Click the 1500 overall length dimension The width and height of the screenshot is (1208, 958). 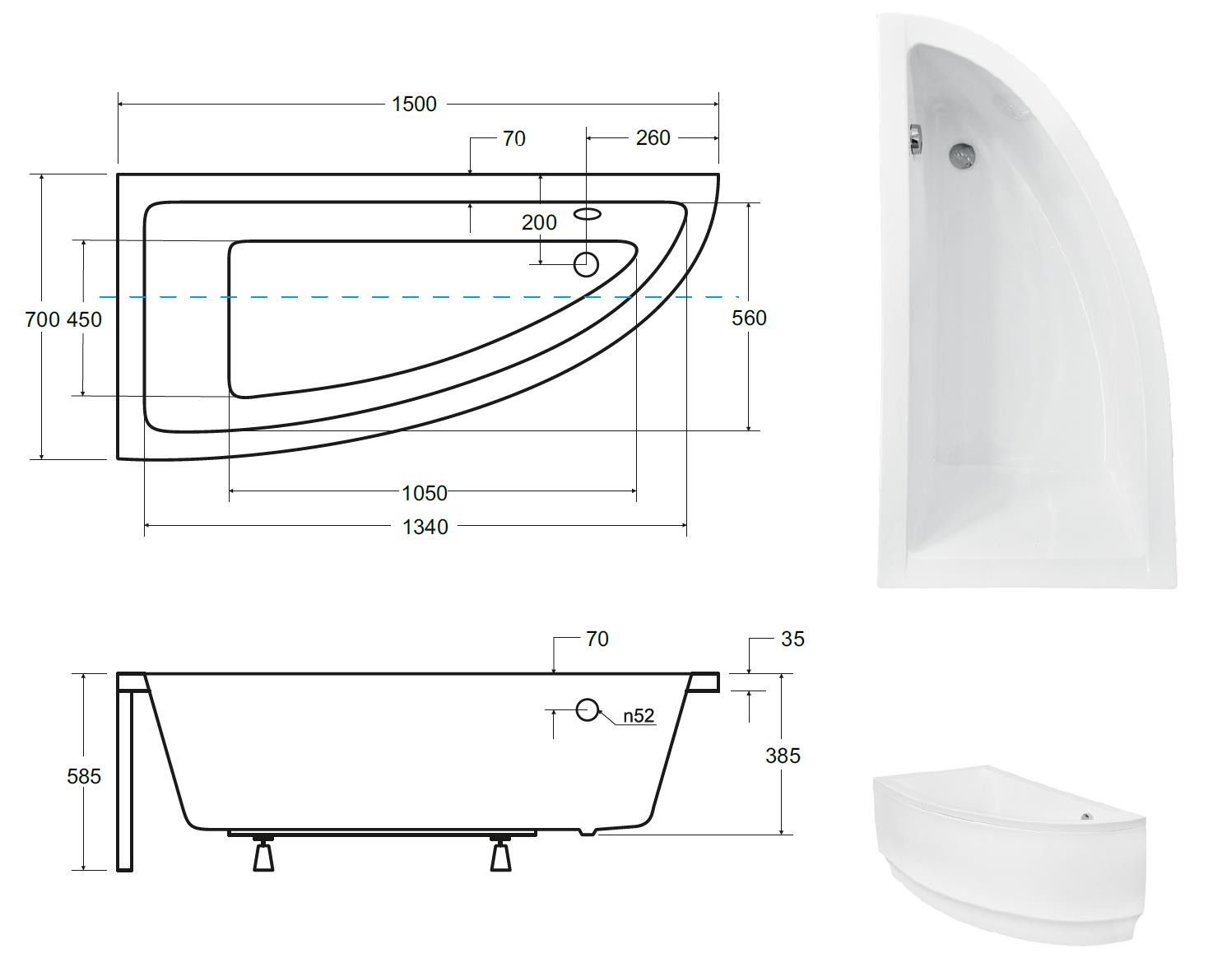414,104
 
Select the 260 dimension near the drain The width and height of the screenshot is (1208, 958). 653,137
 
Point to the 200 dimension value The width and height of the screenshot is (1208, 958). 539,222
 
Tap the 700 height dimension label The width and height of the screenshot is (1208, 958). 42,319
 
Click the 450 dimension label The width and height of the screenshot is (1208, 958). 84,319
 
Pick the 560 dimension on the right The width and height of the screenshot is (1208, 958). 749,319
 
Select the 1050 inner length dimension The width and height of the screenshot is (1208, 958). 425,493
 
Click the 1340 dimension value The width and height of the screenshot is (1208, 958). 425,527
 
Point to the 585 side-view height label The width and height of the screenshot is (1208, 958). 84,777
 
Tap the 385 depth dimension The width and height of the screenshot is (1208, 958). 783,756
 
